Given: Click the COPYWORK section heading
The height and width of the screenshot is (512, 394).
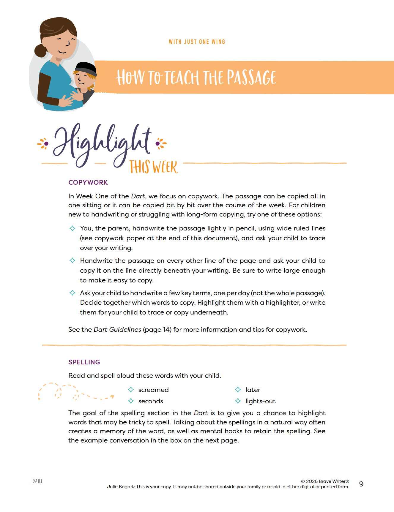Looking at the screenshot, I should click(x=88, y=182).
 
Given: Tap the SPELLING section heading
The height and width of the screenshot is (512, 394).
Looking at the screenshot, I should click(x=84, y=362).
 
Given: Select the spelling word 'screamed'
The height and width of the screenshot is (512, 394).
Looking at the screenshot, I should click(x=153, y=390).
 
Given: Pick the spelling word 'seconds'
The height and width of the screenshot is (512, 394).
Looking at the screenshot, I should click(x=151, y=401).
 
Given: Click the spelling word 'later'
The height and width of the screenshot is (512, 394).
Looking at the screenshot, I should click(x=253, y=390).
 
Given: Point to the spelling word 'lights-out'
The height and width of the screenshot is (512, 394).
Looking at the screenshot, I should click(x=260, y=401).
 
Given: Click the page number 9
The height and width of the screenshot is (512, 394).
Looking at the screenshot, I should click(x=361, y=484).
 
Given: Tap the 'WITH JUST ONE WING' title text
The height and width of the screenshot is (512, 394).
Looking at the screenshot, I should click(x=197, y=42).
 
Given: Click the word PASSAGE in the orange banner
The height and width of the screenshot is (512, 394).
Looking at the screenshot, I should click(x=251, y=78).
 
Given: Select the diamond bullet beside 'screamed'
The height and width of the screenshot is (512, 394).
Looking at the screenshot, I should click(x=131, y=390).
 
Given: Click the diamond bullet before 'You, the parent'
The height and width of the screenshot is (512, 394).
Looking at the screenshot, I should click(x=72, y=228).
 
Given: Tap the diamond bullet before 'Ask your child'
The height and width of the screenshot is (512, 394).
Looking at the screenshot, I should click(x=72, y=293).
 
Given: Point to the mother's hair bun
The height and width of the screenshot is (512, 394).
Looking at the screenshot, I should click(x=40, y=50).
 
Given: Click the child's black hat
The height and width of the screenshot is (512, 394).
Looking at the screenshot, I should click(x=86, y=68).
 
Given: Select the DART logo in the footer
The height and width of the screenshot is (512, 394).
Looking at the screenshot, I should click(x=37, y=481).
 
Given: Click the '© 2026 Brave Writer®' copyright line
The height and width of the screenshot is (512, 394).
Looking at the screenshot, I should click(x=325, y=481).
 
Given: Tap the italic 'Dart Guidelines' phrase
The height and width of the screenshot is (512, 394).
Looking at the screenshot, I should click(x=117, y=330).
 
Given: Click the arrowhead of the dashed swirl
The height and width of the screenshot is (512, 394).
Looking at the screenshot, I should click(x=112, y=396).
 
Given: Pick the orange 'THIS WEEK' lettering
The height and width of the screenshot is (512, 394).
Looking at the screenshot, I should click(x=153, y=167).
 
